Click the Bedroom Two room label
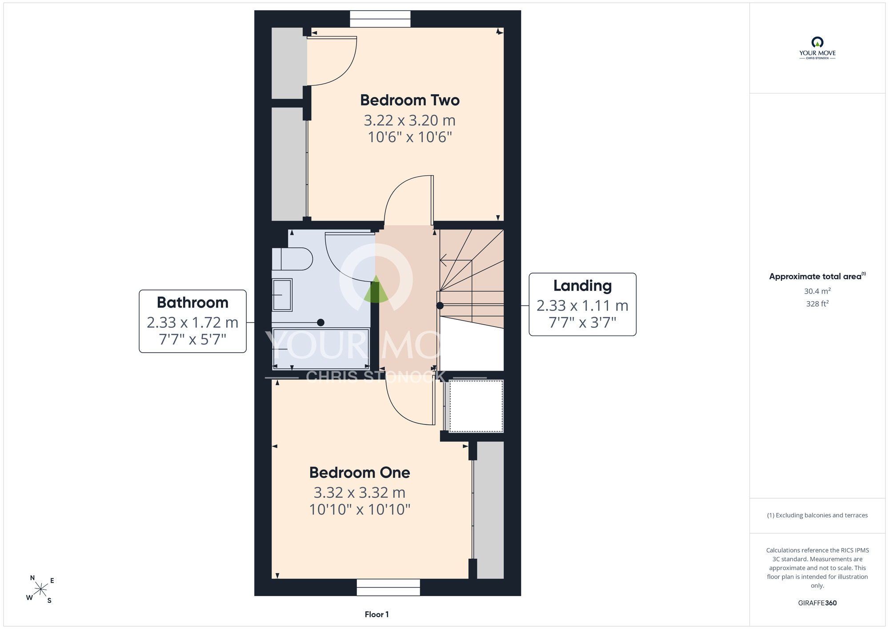(x=410, y=100)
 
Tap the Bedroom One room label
(x=360, y=472)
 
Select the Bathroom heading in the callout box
(x=192, y=302)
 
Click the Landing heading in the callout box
(x=582, y=286)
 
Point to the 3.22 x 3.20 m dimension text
(x=410, y=120)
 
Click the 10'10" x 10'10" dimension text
(x=360, y=509)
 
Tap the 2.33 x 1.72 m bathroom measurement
(x=192, y=322)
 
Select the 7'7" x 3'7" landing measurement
(x=582, y=323)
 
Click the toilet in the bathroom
(x=292, y=259)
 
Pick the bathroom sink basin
(x=282, y=294)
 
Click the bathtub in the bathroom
(x=321, y=349)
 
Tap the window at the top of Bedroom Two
(x=380, y=19)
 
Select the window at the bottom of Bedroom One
(x=388, y=587)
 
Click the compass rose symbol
(x=40, y=590)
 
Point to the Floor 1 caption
(x=376, y=614)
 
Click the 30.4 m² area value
(x=817, y=291)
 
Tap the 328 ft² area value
(x=817, y=304)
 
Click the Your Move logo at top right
(x=817, y=48)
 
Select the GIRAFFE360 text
(x=817, y=603)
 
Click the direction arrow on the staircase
(x=456, y=260)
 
